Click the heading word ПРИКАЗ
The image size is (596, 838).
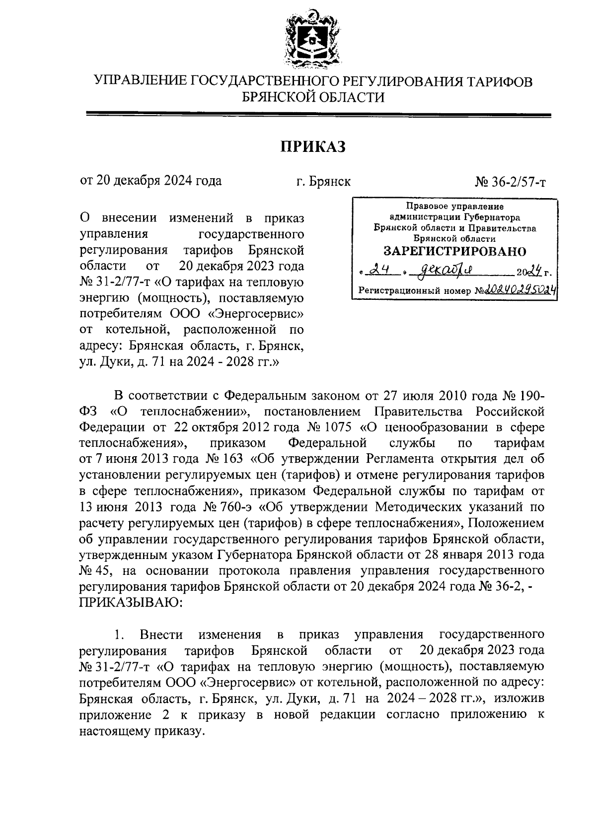tap(313, 147)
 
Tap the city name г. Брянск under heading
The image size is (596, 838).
tap(323, 182)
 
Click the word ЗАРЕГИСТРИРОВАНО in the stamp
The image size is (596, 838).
tap(455, 251)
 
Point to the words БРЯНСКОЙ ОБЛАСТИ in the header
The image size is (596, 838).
tap(313, 97)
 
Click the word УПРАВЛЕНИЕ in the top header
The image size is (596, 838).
tap(140, 81)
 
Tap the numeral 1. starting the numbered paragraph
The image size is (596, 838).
tap(118, 634)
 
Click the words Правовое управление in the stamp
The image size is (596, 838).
tap(454, 206)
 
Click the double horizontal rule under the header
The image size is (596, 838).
tap(318, 116)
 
